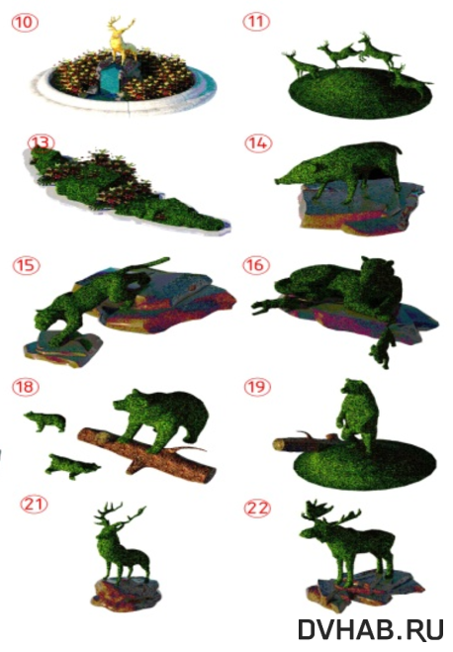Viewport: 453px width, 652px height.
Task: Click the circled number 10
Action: point(25,22)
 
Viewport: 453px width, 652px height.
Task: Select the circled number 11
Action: point(255,22)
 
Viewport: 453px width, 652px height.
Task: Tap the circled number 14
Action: point(258,143)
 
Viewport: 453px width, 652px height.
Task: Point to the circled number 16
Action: point(256,265)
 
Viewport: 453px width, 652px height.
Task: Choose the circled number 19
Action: point(257,387)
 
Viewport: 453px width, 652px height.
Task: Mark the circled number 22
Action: point(257,509)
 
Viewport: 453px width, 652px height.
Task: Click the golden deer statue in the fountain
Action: point(121,40)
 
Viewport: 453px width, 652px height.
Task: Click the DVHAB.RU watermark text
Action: point(371,629)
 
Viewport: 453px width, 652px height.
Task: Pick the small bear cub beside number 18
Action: point(45,421)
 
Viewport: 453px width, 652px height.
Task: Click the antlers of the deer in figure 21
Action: point(120,515)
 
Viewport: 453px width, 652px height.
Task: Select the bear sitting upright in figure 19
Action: point(358,414)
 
